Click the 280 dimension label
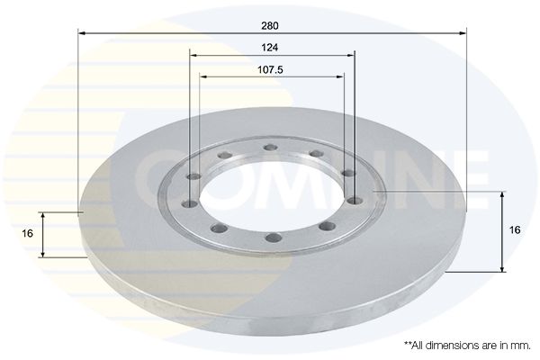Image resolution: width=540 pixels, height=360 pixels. click(x=270, y=26)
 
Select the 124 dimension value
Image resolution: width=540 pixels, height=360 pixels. click(x=270, y=48)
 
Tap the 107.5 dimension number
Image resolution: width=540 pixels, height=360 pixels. click(x=270, y=70)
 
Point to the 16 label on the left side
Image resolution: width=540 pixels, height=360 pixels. click(x=27, y=233)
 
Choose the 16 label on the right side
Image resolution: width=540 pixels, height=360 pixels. click(x=515, y=229)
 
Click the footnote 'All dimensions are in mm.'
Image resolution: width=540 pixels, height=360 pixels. click(x=467, y=346)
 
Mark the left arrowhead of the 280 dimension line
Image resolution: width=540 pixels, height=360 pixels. click(x=82, y=33)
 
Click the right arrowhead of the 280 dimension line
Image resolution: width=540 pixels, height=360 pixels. click(x=463, y=33)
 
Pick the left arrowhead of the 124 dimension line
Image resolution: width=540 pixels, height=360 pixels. click(x=193, y=55)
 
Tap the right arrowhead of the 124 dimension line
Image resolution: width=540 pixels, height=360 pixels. click(x=351, y=55)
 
